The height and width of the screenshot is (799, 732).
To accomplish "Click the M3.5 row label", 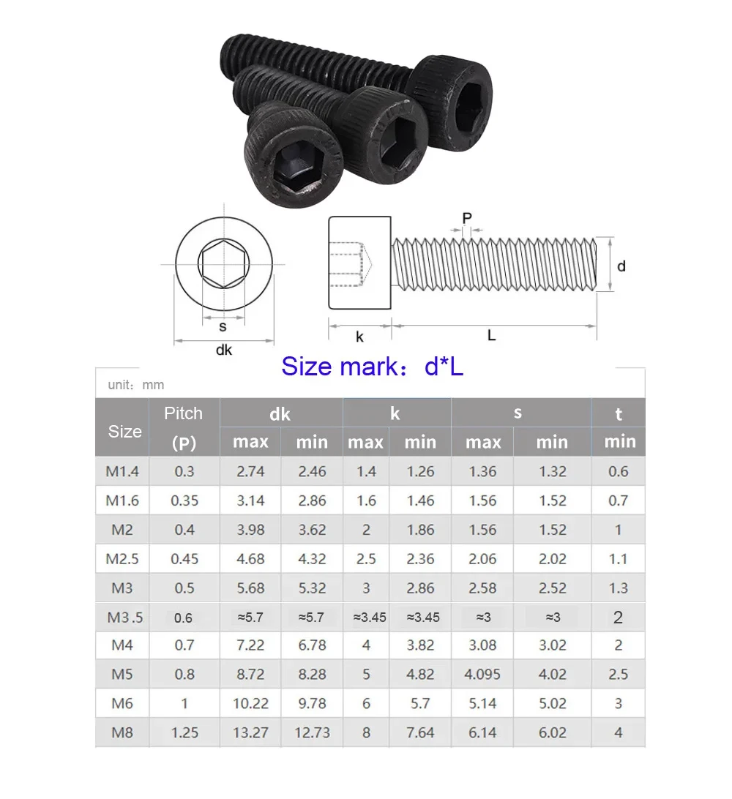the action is click(125, 618).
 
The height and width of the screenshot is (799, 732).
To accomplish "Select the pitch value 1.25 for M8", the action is click(184, 732).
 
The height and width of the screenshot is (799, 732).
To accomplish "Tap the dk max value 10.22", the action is click(250, 704).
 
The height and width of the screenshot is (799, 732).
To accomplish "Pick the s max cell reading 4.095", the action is click(482, 675).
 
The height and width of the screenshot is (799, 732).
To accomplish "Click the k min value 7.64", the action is click(420, 732).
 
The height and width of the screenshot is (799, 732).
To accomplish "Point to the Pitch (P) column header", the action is click(184, 427).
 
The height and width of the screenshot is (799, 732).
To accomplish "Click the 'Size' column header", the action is click(125, 432).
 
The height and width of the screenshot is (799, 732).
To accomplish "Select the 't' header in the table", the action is click(619, 414).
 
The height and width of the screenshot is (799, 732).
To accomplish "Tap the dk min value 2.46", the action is click(312, 471).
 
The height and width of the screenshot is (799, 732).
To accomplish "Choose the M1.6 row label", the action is click(122, 501).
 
